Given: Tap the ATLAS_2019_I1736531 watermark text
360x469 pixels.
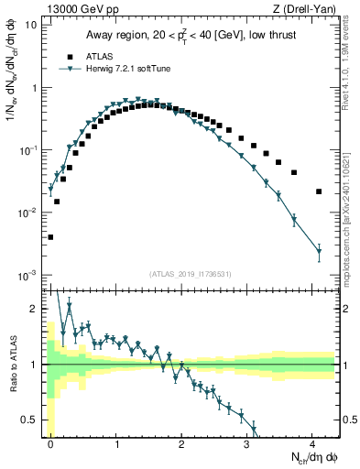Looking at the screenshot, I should click(191, 273).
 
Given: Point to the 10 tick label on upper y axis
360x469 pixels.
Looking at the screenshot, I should click(30, 26).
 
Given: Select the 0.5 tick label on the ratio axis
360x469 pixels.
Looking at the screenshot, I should click(29, 420).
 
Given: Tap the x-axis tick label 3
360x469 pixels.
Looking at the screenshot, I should click(246, 442).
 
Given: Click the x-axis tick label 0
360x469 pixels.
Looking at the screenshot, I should click(51, 442).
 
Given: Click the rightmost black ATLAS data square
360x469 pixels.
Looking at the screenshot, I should click(319, 191).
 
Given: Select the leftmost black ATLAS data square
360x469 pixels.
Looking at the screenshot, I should click(51, 237).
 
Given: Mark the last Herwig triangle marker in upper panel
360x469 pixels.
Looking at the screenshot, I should click(319, 251).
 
